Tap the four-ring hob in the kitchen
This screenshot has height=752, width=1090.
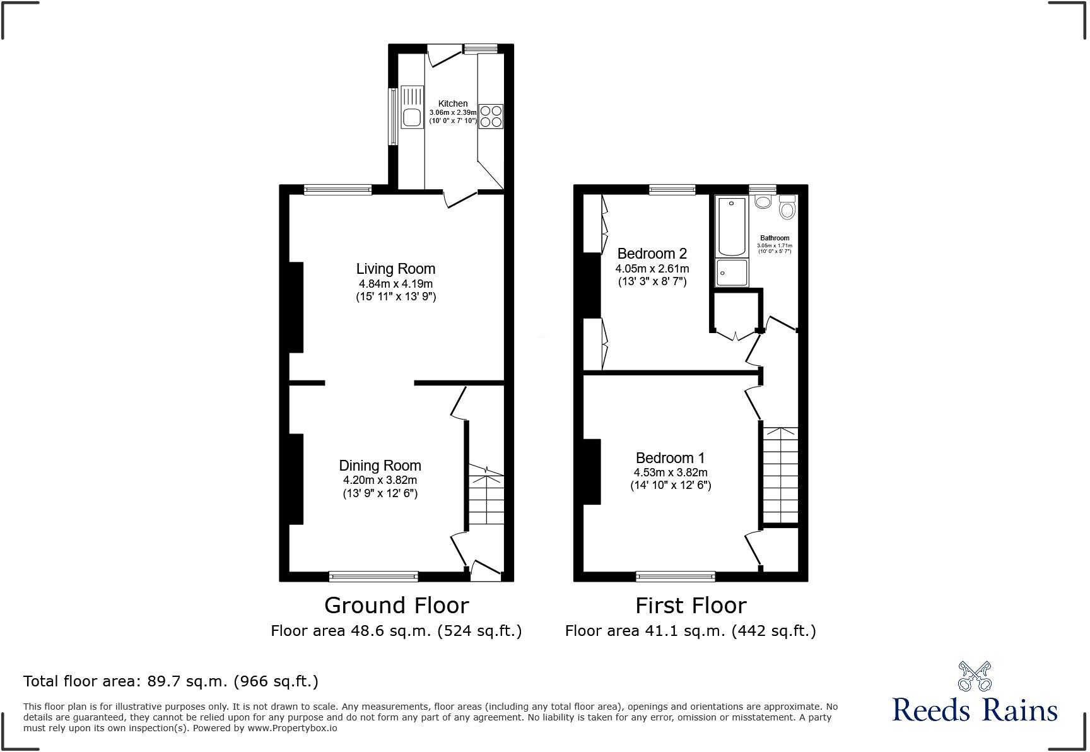491,116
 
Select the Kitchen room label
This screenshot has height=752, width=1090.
453,103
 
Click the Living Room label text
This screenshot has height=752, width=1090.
396,269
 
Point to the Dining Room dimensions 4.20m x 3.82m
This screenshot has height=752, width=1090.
380,480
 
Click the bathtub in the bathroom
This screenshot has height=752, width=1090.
732,225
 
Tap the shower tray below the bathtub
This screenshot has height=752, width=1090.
732,273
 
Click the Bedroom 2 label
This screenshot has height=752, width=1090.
652,254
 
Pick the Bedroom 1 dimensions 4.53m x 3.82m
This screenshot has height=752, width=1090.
670,473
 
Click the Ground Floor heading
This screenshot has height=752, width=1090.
396,606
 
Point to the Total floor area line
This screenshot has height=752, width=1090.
170,681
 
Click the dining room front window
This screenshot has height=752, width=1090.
373,576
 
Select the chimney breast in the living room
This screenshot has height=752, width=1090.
296,307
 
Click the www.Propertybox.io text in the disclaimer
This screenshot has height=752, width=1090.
292,728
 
